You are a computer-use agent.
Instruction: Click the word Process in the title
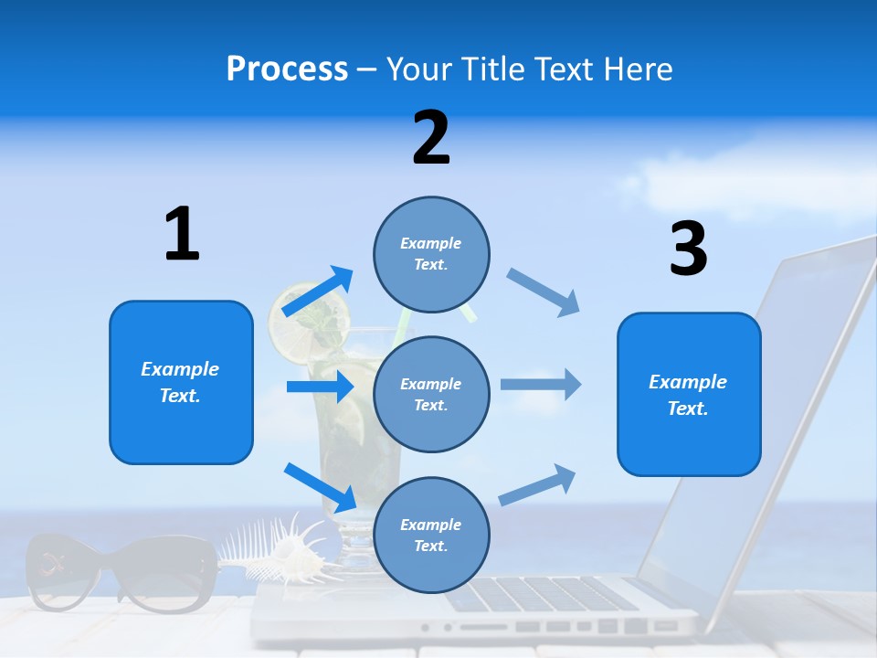coord(287,69)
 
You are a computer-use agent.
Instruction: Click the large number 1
coord(182,235)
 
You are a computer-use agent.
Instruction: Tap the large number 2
coord(431,138)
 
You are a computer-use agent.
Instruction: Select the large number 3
coord(688,249)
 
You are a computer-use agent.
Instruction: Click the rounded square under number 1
coord(181,382)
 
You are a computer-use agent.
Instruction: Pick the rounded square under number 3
coord(689,394)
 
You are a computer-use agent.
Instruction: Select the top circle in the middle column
coord(431,254)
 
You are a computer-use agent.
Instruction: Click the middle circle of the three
coord(431,394)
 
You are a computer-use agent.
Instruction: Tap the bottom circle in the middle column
coord(431,535)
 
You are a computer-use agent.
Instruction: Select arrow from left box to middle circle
coord(320,387)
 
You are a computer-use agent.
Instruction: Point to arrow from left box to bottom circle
coord(321,487)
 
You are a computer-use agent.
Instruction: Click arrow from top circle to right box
coord(543,292)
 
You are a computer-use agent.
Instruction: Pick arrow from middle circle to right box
coord(540,384)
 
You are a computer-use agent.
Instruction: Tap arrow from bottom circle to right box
coord(538,484)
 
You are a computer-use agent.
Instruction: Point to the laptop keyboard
coord(548,594)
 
